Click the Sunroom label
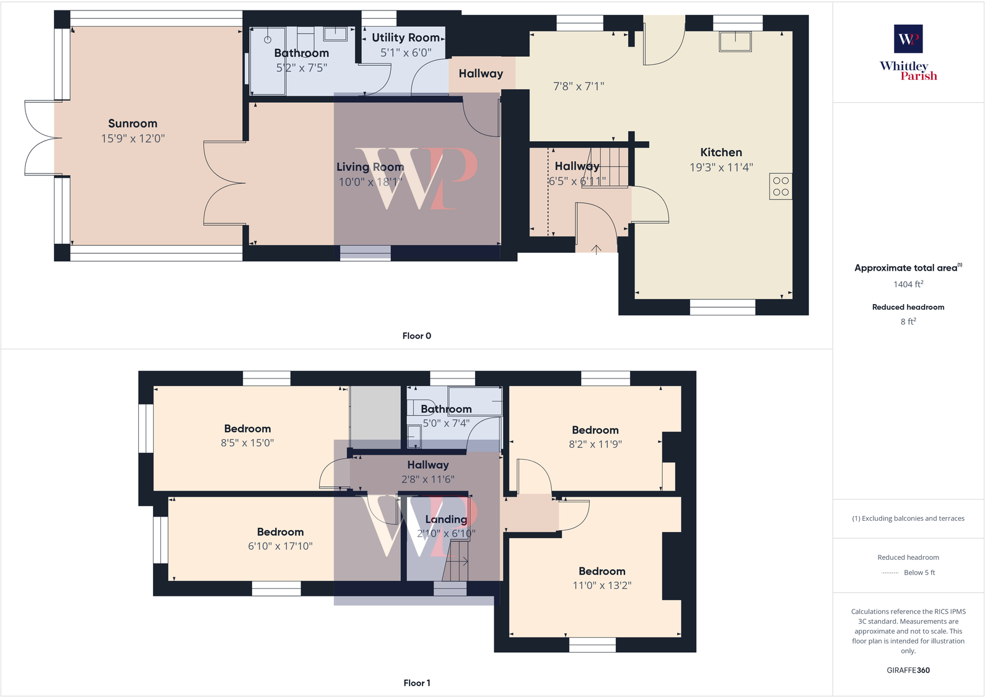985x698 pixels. pyautogui.click(x=133, y=123)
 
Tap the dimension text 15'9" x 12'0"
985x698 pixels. pyautogui.click(x=133, y=139)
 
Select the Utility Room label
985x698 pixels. pyautogui.click(x=405, y=38)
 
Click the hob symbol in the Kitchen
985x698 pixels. pyautogui.click(x=781, y=186)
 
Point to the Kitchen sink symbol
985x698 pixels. pyautogui.click(x=735, y=41)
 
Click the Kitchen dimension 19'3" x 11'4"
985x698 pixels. pyautogui.click(x=721, y=167)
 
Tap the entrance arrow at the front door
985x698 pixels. pyautogui.click(x=596, y=249)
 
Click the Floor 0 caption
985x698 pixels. pyautogui.click(x=416, y=336)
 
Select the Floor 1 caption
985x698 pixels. pyautogui.click(x=416, y=683)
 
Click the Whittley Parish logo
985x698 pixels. pyautogui.click(x=908, y=53)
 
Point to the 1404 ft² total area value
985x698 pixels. pyautogui.click(x=908, y=284)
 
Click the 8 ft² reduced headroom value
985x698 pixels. pyautogui.click(x=908, y=321)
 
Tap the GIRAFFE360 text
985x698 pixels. pyautogui.click(x=908, y=670)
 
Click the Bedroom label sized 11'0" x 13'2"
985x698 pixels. pyautogui.click(x=602, y=571)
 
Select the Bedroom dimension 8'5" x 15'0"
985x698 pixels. pyautogui.click(x=247, y=443)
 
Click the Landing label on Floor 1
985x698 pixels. pyautogui.click(x=446, y=519)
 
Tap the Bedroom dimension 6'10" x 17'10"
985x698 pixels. pyautogui.click(x=280, y=546)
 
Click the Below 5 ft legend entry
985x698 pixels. pyautogui.click(x=919, y=572)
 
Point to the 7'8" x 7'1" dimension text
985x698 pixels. pyautogui.click(x=578, y=87)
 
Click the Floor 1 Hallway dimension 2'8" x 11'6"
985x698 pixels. pyautogui.click(x=427, y=479)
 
